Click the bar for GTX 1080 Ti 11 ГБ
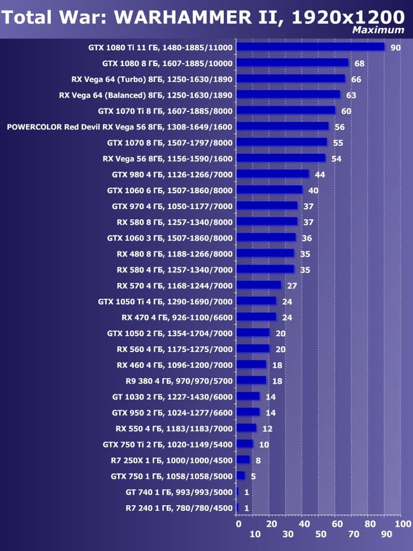click(x=310, y=47)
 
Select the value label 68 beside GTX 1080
click(x=359, y=63)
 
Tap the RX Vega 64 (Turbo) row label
click(x=152, y=79)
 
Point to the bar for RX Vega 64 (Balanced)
click(x=288, y=94)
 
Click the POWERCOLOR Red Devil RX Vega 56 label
click(x=120, y=127)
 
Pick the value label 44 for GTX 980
click(x=320, y=175)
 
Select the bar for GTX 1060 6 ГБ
click(x=269, y=190)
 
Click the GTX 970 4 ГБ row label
click(x=172, y=206)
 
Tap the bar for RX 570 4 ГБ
click(x=259, y=285)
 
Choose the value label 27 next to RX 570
click(x=292, y=286)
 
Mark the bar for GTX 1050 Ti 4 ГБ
click(x=256, y=301)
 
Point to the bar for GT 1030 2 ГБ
click(x=248, y=396)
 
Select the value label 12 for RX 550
click(x=267, y=429)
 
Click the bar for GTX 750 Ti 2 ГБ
click(x=245, y=444)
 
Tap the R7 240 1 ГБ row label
click(x=179, y=508)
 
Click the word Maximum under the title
click(x=378, y=30)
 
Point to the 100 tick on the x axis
click(x=403, y=524)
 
